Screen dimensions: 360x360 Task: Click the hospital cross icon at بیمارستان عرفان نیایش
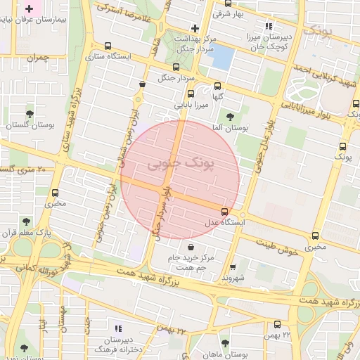(x=29, y=9)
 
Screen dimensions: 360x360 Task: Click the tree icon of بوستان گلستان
(x=30, y=113)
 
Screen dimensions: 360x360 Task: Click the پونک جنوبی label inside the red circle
(x=173, y=164)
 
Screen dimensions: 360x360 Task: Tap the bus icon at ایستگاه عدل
(x=224, y=212)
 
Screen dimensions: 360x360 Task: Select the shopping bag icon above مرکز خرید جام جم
(x=191, y=246)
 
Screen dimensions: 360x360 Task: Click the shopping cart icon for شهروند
(x=233, y=267)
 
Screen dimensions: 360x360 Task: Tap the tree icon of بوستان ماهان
(x=225, y=344)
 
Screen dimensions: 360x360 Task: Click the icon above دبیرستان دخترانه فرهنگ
(x=117, y=328)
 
